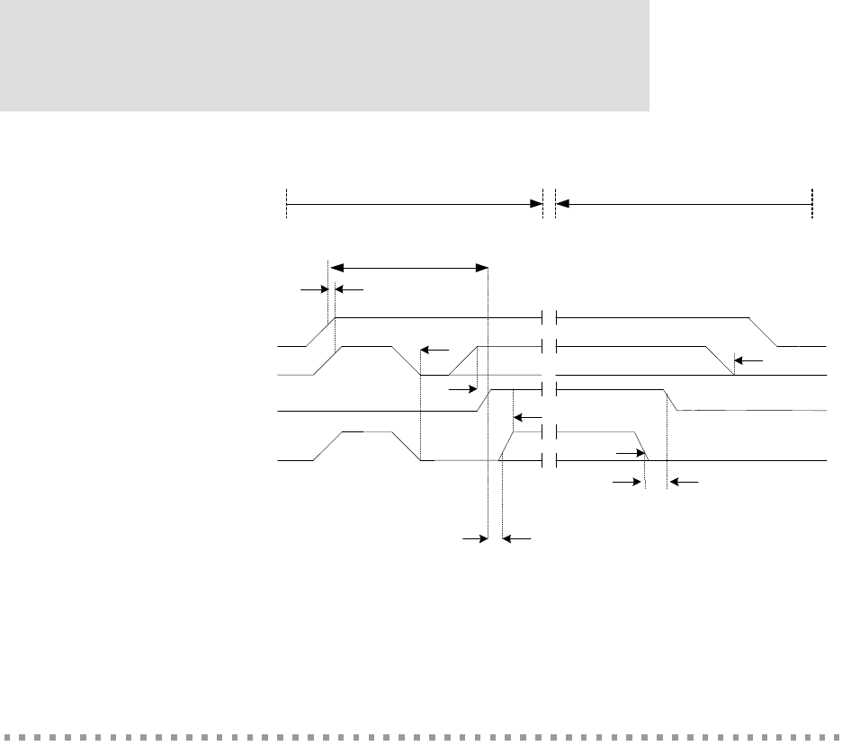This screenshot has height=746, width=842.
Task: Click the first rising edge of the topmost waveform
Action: tap(322, 331)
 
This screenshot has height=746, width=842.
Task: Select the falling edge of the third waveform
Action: tap(670, 399)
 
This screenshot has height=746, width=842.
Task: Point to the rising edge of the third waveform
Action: tap(482, 399)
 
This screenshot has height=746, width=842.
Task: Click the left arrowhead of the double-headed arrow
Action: tap(335, 267)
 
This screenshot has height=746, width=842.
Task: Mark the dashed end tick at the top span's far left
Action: tap(286, 204)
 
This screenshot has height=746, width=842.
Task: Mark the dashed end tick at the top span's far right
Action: tap(811, 204)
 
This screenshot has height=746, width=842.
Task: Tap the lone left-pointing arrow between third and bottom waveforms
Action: tap(519, 417)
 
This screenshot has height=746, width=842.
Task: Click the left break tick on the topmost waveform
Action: tap(543, 317)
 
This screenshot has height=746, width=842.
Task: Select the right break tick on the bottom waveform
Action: tap(557, 460)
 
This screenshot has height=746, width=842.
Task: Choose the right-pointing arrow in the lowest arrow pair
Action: tap(474, 539)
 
